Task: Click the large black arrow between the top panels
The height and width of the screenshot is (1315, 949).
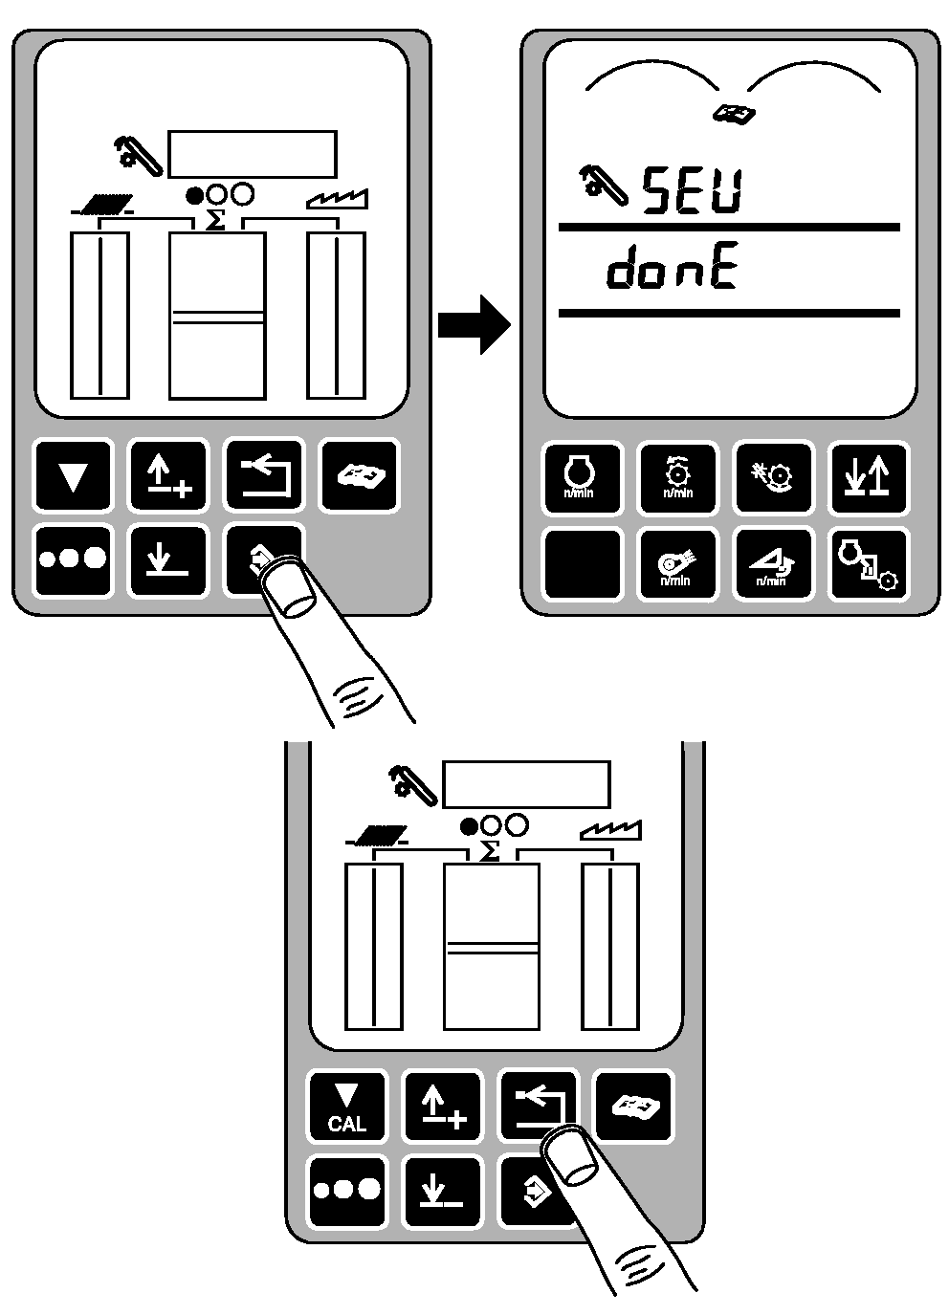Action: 474,325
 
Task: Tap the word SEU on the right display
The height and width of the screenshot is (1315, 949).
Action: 692,190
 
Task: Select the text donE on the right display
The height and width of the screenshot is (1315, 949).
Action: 672,272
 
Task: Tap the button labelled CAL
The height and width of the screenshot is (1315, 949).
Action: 346,1107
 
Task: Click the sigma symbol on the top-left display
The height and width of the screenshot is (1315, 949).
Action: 216,221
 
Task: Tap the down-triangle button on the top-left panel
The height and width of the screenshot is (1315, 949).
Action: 73,475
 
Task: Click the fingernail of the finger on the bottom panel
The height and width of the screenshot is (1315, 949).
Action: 570,1156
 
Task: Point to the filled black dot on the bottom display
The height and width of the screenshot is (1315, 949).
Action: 469,825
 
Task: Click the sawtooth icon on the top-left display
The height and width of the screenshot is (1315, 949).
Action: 338,200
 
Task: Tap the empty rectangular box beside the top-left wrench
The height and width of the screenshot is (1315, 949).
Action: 253,153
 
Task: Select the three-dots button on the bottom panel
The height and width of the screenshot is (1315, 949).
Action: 346,1191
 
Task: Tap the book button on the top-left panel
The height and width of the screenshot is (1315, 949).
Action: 359,475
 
